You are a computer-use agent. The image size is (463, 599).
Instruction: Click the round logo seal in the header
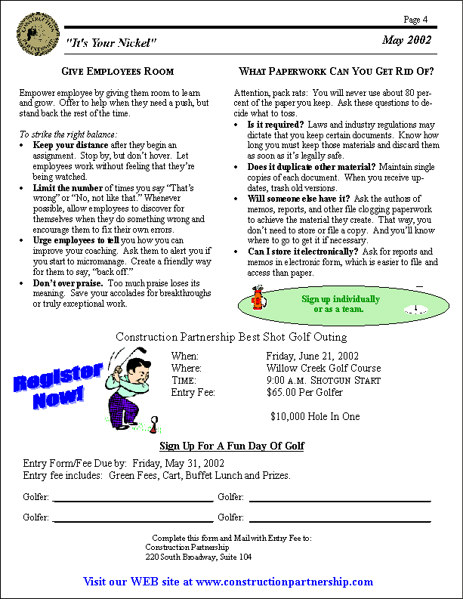coord(36,34)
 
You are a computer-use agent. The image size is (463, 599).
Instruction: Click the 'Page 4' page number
coord(416,19)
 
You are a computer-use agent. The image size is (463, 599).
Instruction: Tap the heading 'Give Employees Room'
coord(117,72)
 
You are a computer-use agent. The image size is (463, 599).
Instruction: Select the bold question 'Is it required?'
coord(276,124)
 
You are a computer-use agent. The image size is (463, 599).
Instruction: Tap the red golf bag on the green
coord(257,299)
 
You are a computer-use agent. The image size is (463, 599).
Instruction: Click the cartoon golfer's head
coord(136,368)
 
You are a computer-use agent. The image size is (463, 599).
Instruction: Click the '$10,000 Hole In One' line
coord(315,416)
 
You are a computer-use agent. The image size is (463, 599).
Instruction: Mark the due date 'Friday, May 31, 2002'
coord(179,463)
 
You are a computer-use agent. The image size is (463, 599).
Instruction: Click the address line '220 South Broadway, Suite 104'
coord(199,557)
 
